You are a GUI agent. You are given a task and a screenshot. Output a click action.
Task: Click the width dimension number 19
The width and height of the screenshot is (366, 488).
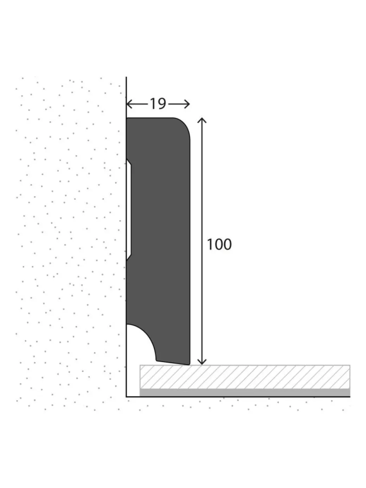pyautogui.click(x=157, y=104)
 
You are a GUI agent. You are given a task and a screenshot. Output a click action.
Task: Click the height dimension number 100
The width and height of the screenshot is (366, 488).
pyautogui.click(x=219, y=244)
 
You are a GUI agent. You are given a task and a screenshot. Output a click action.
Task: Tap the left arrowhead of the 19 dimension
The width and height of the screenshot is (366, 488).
pyautogui.click(x=129, y=104)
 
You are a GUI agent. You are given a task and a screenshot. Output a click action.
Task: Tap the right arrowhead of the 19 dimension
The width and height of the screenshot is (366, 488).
pyautogui.click(x=188, y=104)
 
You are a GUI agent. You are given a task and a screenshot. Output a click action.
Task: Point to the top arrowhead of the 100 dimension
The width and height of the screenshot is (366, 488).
pyautogui.click(x=202, y=119)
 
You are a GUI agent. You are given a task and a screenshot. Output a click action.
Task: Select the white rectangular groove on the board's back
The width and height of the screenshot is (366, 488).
pyautogui.click(x=129, y=209)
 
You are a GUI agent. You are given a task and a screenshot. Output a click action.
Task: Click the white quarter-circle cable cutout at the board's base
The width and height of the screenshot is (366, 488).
pyautogui.click(x=136, y=341)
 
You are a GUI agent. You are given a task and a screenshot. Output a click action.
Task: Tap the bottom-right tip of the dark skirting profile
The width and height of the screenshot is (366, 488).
pyautogui.click(x=189, y=364)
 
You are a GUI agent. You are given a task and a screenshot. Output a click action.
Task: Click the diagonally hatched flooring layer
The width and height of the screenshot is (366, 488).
pyautogui.click(x=244, y=376)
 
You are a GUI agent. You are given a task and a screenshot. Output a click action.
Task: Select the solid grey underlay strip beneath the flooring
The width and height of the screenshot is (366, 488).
pyautogui.click(x=244, y=392)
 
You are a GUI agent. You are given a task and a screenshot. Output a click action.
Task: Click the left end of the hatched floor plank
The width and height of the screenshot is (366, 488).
pyautogui.click(x=141, y=376)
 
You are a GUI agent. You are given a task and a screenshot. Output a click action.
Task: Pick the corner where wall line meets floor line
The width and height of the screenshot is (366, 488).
pyautogui.click(x=126, y=397)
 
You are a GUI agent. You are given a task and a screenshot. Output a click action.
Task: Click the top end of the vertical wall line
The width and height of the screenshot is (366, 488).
pyautogui.click(x=126, y=78)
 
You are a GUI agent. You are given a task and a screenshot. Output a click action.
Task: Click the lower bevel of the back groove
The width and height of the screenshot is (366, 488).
pyautogui.click(x=129, y=257)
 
